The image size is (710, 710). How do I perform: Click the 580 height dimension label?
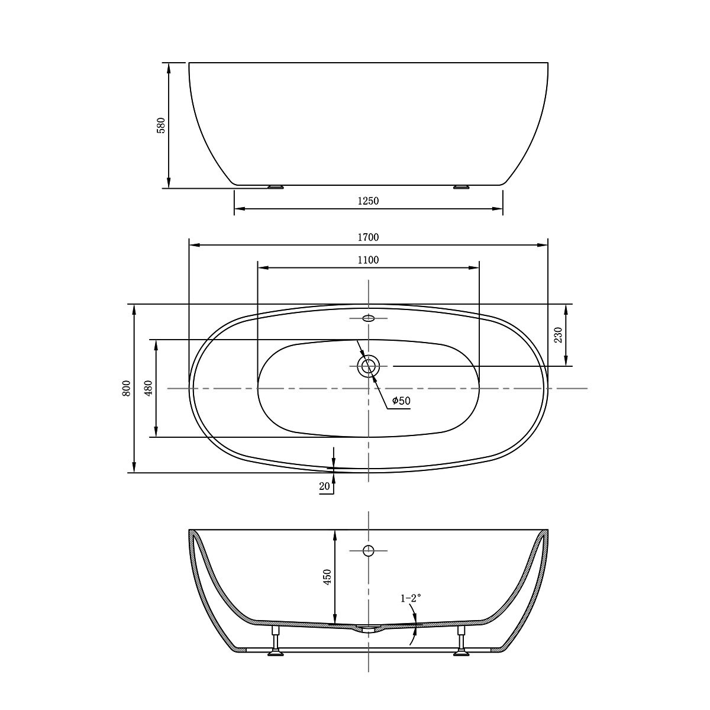tap(162, 125)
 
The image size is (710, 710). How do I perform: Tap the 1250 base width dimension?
tap(368, 201)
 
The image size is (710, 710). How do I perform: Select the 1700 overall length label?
tap(368, 237)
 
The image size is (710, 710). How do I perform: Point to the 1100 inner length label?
tap(368, 260)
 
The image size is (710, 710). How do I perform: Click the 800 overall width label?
tap(126, 388)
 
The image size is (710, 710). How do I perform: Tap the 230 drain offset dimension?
tap(558, 335)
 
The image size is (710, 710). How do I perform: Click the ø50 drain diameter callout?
tap(401, 401)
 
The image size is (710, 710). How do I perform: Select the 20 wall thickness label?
tap(325, 486)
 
